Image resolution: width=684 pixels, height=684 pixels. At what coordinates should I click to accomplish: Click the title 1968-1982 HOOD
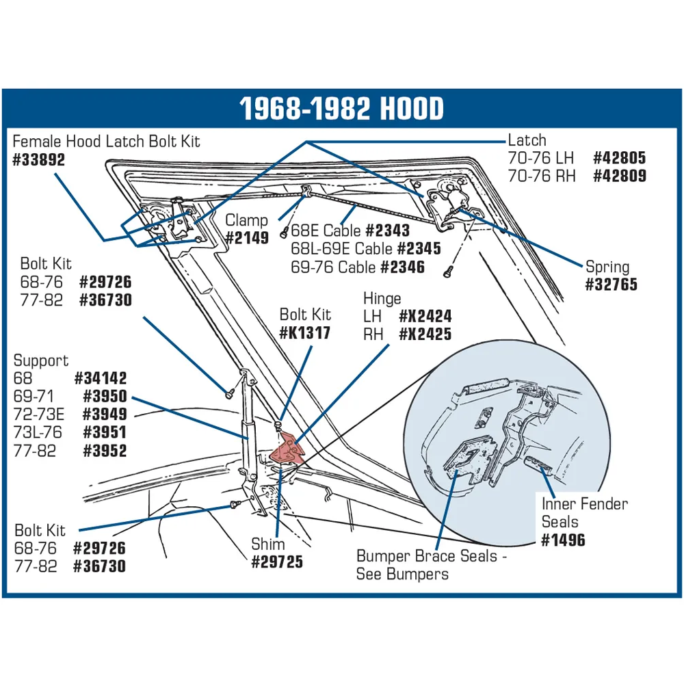(x=341, y=108)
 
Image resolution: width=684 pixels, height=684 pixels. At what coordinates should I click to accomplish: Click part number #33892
(x=39, y=159)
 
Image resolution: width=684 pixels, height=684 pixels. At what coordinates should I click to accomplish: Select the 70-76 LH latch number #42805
(x=620, y=158)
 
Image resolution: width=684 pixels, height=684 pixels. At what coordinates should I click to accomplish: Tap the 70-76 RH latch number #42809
(x=620, y=176)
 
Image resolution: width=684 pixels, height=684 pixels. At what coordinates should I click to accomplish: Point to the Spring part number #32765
(x=611, y=285)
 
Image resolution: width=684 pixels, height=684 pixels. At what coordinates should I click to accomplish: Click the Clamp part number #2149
(x=247, y=238)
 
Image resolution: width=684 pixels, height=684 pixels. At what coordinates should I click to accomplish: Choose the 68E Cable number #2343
(x=388, y=231)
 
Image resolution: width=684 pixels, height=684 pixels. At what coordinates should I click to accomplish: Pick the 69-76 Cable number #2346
(x=402, y=267)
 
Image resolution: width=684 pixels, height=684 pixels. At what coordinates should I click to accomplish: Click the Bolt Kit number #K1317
(x=304, y=333)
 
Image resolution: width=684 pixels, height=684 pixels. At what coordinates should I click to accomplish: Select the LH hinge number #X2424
(x=425, y=316)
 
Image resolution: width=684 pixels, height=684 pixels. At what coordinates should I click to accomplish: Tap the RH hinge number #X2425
(x=425, y=334)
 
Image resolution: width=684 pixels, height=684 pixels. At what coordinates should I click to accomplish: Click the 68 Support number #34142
(x=101, y=378)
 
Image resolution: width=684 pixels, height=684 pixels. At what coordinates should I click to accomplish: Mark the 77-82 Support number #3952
(x=105, y=451)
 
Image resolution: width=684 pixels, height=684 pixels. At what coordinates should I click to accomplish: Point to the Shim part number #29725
(x=277, y=562)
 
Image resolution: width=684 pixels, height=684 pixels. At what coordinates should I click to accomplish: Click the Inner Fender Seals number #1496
(x=563, y=540)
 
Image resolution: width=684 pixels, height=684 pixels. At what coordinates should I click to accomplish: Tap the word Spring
(x=607, y=267)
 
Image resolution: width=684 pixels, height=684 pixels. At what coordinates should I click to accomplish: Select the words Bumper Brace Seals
(x=427, y=556)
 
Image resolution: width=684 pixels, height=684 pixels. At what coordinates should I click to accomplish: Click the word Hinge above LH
(x=382, y=298)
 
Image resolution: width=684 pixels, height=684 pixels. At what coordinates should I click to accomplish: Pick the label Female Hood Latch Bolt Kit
(x=107, y=142)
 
